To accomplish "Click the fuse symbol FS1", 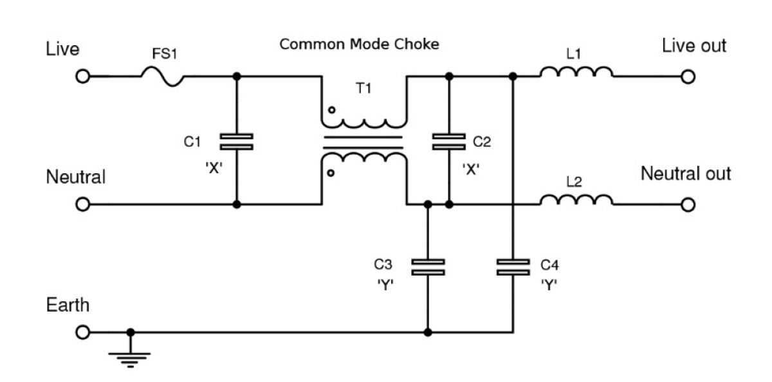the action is tap(162, 77).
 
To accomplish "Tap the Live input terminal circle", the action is tap(83, 77).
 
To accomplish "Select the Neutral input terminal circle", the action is tap(83, 204).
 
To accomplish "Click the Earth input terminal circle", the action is tap(83, 332).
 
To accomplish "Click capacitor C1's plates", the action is tap(237, 142).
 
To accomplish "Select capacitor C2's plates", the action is tap(449, 142).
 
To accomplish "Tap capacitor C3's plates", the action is tap(428, 267).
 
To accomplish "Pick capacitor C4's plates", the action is tap(513, 267).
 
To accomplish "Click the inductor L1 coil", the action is tap(576, 72).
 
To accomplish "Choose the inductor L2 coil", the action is tap(576, 200).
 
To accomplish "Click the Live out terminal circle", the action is tap(688, 77).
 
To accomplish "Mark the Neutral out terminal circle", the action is tap(688, 205).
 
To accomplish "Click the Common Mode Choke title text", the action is tap(359, 44).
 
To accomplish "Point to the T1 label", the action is tap(363, 88).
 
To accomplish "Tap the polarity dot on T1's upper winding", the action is tap(331, 110).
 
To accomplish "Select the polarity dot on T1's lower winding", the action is tap(331, 173).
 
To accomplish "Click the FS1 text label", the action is tap(165, 54).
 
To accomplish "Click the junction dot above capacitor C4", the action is tap(513, 76).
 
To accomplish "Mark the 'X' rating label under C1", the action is tap(214, 168).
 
